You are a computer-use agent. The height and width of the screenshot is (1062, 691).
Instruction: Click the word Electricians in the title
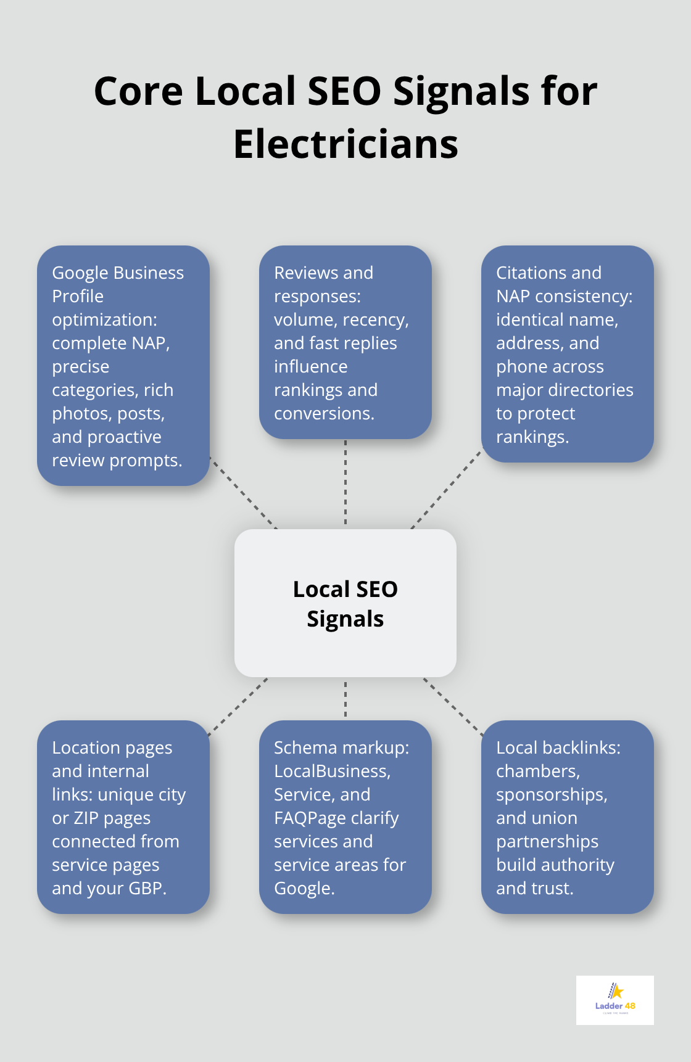point(345,144)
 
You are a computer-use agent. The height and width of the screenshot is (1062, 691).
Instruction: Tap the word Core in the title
point(138,91)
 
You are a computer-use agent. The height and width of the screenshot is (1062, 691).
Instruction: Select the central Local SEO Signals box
point(345,603)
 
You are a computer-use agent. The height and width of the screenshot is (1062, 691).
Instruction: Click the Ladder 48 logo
point(614,1000)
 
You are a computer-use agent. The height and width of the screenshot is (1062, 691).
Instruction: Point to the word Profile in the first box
point(78,297)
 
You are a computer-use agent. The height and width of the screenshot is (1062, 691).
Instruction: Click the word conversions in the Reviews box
point(323,414)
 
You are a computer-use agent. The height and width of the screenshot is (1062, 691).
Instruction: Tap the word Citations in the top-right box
point(522,273)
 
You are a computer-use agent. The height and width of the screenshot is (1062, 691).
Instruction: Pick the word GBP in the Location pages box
point(146,889)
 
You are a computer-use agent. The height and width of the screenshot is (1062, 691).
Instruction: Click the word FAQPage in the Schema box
point(305,818)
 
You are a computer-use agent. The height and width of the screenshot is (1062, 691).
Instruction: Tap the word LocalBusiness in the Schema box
point(331,772)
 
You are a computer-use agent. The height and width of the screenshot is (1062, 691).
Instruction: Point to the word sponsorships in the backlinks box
point(551,795)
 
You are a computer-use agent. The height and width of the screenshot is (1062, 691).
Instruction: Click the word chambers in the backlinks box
point(537,772)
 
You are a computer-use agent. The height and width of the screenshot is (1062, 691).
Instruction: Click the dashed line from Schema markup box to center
point(345,699)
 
